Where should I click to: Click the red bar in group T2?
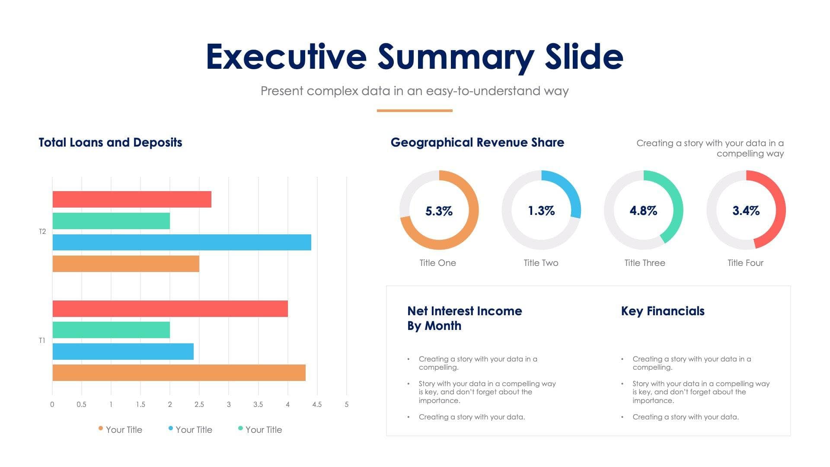(x=132, y=199)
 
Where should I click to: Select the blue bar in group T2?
(x=182, y=242)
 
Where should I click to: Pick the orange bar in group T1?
(x=179, y=373)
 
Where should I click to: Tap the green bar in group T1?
(x=111, y=330)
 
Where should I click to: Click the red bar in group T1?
(x=170, y=309)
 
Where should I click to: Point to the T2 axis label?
(x=42, y=232)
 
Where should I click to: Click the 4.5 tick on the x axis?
(x=317, y=405)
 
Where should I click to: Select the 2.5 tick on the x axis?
(x=199, y=405)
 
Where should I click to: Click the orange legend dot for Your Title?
(x=101, y=429)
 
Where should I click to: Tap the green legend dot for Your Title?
(x=240, y=429)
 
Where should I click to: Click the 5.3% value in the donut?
(x=439, y=211)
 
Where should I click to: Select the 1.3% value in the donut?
(x=541, y=211)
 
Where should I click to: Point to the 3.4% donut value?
(x=746, y=211)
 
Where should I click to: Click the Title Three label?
(x=645, y=263)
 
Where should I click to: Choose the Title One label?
(x=437, y=263)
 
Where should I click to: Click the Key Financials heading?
(x=663, y=311)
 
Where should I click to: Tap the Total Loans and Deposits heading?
(x=110, y=143)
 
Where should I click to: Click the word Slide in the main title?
(x=584, y=57)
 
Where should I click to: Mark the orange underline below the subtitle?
(x=415, y=111)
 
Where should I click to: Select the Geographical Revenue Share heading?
(x=477, y=143)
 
